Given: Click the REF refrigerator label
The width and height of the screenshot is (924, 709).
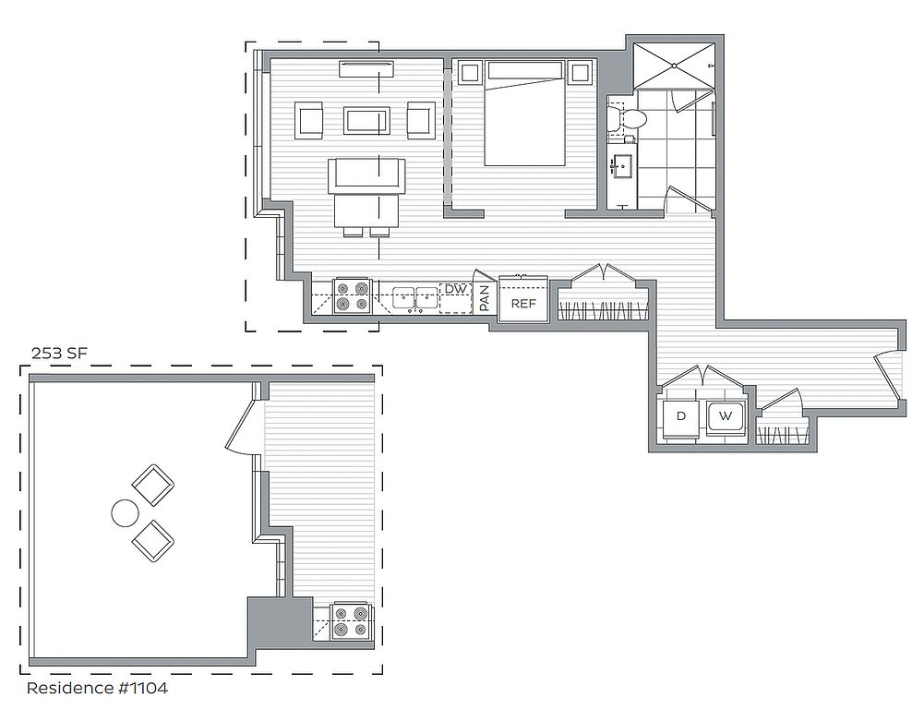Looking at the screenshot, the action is click(523, 304).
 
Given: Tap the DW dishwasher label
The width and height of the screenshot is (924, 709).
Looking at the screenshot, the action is click(455, 289).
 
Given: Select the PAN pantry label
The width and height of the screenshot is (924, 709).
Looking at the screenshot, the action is click(485, 298).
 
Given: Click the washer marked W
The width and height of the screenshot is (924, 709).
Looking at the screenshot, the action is click(726, 417).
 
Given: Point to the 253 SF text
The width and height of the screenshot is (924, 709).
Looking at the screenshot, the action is click(59, 354).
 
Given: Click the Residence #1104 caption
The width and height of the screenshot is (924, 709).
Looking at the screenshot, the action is click(97, 688).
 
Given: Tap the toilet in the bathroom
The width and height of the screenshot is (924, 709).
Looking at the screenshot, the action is click(627, 118).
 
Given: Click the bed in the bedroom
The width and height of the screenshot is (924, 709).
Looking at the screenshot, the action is click(524, 114).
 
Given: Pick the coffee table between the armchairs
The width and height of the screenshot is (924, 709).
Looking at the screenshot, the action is click(366, 120).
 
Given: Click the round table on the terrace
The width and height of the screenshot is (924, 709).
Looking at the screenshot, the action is click(125, 513).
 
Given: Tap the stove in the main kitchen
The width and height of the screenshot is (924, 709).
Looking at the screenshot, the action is click(352, 296).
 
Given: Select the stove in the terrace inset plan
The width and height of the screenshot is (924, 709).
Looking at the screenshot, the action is click(352, 622).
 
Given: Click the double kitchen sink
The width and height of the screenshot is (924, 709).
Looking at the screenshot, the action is click(414, 297).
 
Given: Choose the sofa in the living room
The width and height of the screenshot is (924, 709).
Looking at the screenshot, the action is click(367, 175).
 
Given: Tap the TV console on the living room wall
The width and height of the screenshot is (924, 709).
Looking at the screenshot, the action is click(366, 68).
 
